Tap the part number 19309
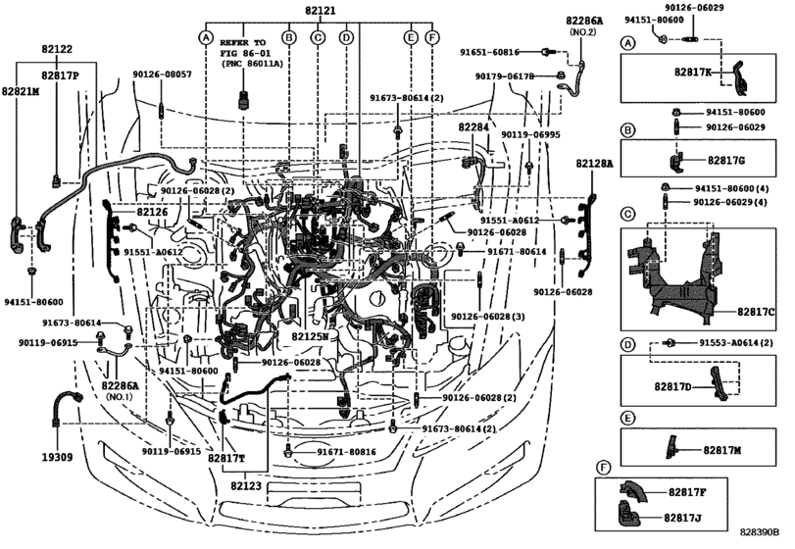point(59,457)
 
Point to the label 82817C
point(755,311)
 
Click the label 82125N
point(312,335)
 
